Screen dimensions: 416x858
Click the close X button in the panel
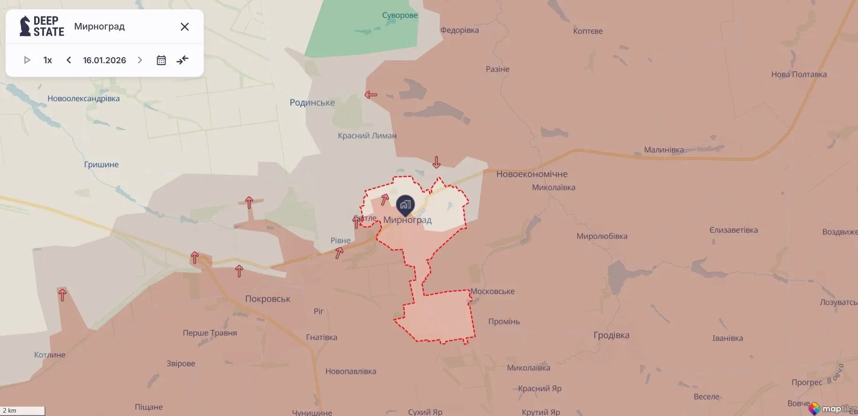(185, 27)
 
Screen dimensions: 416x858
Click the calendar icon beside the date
(161, 60)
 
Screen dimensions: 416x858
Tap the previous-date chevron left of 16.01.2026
(69, 60)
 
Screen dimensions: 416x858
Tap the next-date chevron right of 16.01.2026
(140, 60)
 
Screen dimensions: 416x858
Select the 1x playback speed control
(47, 60)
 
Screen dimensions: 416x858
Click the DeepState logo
(42, 26)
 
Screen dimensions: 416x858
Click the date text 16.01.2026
(104, 60)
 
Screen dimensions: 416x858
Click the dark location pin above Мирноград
(405, 205)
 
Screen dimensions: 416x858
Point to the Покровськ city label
(267, 299)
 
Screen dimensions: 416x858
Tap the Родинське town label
(312, 103)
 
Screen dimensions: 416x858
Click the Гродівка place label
(611, 335)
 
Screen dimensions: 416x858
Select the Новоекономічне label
(532, 174)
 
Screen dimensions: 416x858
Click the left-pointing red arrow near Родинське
(371, 95)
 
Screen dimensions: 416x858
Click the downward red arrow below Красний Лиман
(436, 162)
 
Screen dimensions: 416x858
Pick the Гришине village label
(101, 164)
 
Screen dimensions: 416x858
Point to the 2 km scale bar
(22, 411)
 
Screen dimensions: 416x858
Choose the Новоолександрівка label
(83, 98)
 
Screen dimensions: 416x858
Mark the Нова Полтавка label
(799, 74)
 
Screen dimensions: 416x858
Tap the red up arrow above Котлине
(62, 295)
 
